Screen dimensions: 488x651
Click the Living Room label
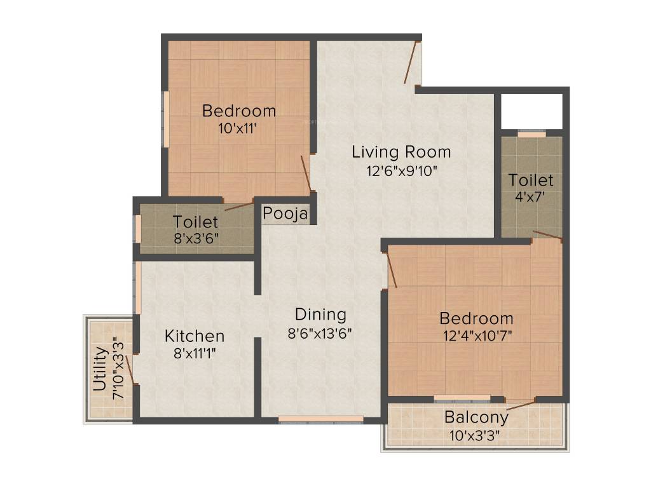tap(401, 152)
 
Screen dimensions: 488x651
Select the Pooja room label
tap(285, 213)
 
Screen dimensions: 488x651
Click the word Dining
tap(320, 315)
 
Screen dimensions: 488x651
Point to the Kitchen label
tap(195, 335)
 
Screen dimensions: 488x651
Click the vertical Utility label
tap(100, 368)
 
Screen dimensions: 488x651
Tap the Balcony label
tap(476, 417)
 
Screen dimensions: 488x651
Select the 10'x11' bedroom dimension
tap(238, 128)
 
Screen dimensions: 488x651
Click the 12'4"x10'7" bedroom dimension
tap(476, 335)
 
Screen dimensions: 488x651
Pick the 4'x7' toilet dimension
tap(531, 197)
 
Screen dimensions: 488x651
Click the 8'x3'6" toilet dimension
tap(195, 240)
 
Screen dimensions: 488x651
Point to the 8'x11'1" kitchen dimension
tap(195, 353)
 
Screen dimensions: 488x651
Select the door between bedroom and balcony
tap(521, 404)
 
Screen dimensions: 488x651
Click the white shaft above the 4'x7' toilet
tap(531, 111)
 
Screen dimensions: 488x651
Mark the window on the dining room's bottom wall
tap(321, 419)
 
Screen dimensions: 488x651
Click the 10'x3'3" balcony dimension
tap(476, 435)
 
